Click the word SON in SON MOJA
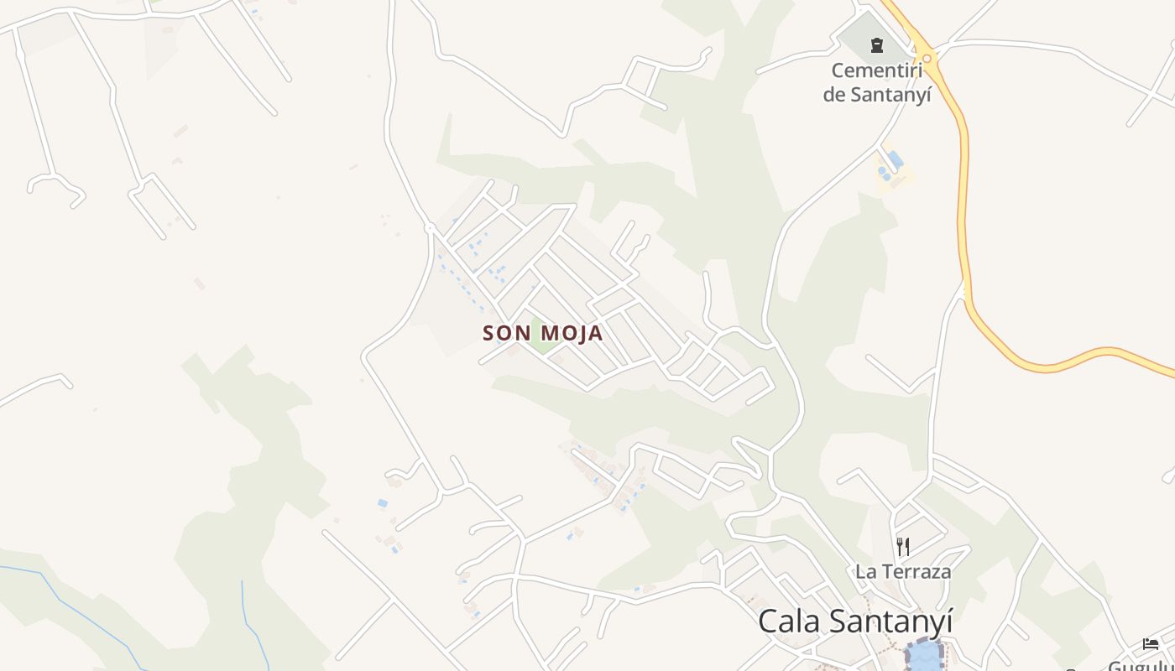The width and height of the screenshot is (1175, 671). click(x=507, y=333)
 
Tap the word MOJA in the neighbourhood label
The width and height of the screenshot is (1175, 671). click(x=572, y=333)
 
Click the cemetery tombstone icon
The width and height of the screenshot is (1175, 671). click(x=877, y=45)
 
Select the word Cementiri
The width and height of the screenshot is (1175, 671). click(x=877, y=70)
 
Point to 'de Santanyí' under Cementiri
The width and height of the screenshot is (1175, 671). click(x=877, y=94)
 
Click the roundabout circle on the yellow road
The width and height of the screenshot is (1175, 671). click(x=927, y=58)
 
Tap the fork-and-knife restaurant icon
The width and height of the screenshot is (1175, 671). click(x=903, y=547)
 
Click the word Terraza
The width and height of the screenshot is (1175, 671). click(x=916, y=572)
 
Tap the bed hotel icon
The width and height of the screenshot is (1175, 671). click(x=1151, y=643)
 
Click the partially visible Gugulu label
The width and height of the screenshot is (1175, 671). click(x=1141, y=665)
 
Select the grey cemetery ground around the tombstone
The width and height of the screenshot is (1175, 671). click(x=860, y=38)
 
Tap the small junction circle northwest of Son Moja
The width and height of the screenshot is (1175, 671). click(x=430, y=227)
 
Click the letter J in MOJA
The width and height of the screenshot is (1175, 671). click(x=580, y=333)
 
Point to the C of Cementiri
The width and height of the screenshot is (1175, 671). click(x=838, y=70)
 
